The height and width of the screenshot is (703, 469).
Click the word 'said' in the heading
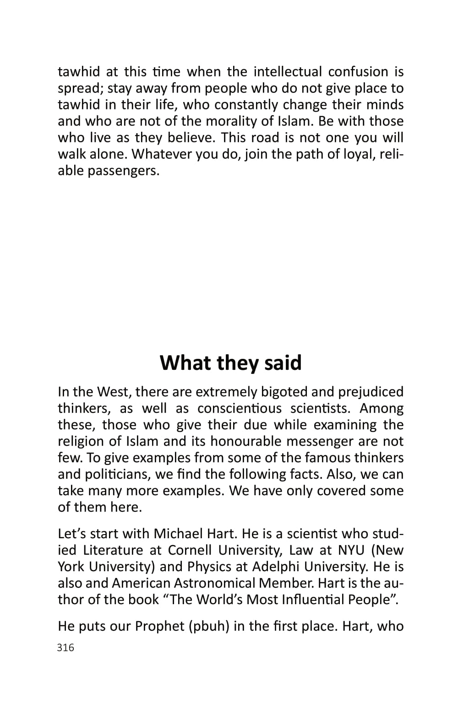[283, 362]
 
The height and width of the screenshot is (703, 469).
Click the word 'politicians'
[115, 475]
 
